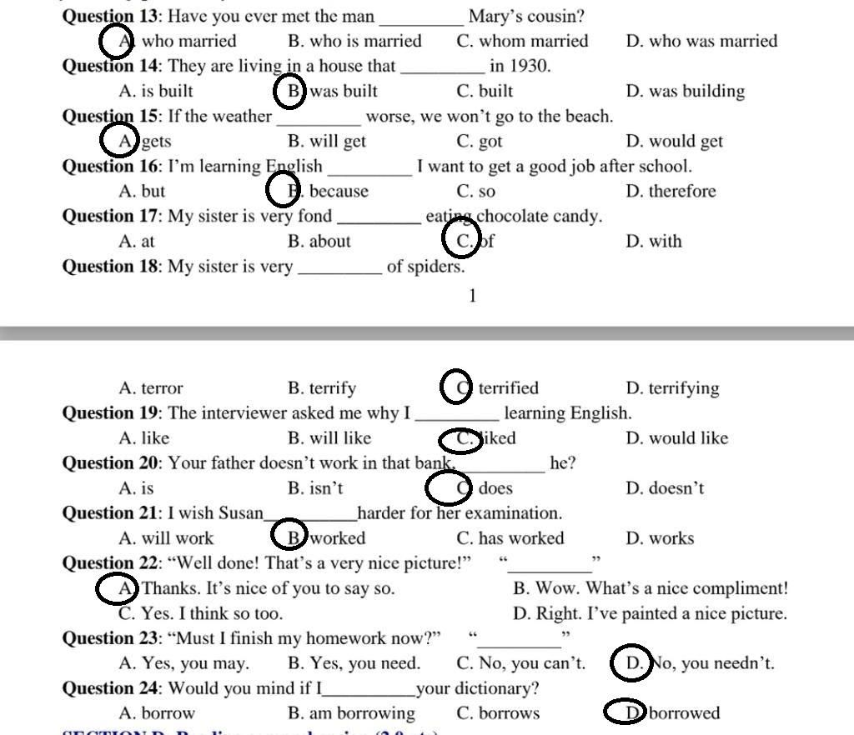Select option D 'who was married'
701,42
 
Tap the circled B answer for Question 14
292,91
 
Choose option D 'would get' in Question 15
674,142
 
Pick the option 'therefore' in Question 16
681,192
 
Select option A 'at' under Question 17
137,242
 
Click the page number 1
473,296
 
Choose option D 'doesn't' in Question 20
665,488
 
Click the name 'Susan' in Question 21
241,513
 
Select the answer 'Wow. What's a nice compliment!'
651,588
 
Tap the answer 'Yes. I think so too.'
201,614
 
